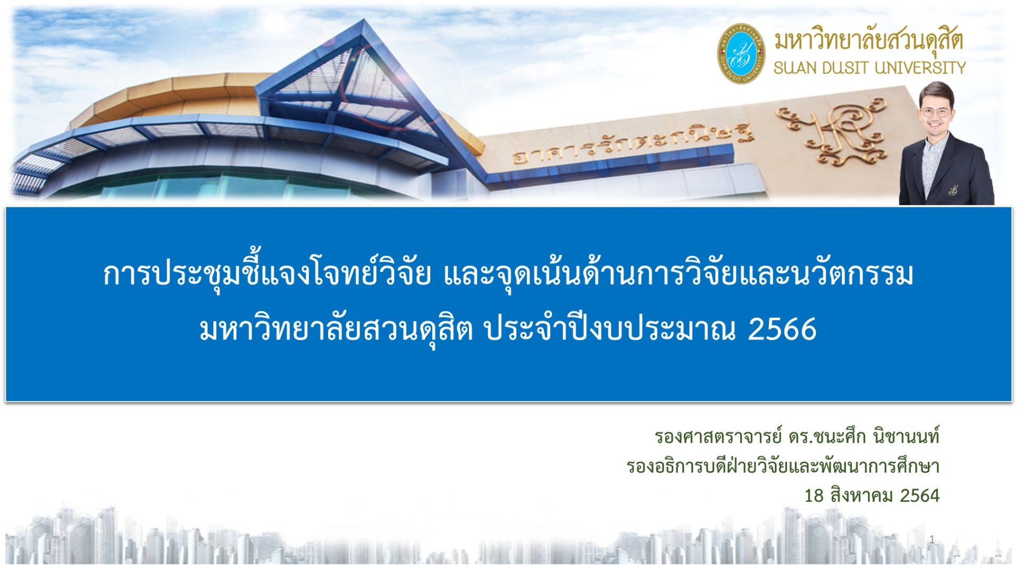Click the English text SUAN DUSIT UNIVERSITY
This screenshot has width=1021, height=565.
pyautogui.click(x=869, y=68)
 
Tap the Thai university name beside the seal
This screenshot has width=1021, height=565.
pyautogui.click(x=868, y=40)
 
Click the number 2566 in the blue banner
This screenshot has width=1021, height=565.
pyautogui.click(x=782, y=329)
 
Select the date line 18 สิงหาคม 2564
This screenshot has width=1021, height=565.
pyautogui.click(x=872, y=495)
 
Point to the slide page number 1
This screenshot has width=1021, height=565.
pyautogui.click(x=932, y=539)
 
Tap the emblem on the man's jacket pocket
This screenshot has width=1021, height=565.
pyautogui.click(x=952, y=189)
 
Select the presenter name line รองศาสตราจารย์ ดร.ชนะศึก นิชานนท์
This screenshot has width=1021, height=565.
pyautogui.click(x=797, y=436)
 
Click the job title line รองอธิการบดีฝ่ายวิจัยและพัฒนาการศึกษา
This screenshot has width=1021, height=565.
pyautogui.click(x=783, y=466)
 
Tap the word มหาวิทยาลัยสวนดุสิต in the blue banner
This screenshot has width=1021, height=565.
pyautogui.click(x=336, y=330)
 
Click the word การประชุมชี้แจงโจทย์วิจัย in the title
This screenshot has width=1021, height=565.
pyautogui.click(x=266, y=274)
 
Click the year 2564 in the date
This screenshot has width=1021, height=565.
pyautogui.click(x=919, y=495)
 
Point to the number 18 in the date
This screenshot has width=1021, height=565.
pyautogui.click(x=814, y=496)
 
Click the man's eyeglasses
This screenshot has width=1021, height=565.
pyautogui.click(x=936, y=112)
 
